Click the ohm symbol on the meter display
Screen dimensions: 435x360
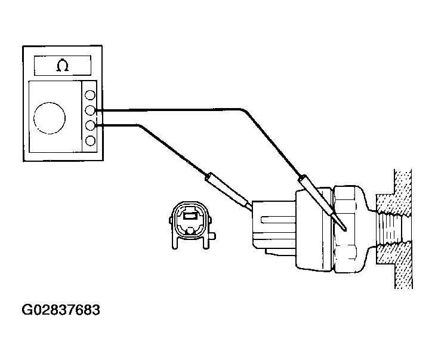[63, 66]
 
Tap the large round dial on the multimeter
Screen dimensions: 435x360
[50, 118]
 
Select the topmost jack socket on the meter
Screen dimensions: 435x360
[90, 95]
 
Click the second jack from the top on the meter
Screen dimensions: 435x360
[90, 110]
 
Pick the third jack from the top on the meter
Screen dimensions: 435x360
[90, 125]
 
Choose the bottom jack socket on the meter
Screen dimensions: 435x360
[90, 141]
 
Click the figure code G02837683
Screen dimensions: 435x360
[61, 310]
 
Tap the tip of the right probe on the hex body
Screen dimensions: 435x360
[345, 229]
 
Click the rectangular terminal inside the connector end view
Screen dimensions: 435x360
[190, 216]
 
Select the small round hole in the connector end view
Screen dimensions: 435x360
[190, 230]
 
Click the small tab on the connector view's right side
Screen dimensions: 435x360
[212, 236]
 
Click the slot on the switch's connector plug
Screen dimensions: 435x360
[278, 220]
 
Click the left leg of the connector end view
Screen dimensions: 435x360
[174, 243]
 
